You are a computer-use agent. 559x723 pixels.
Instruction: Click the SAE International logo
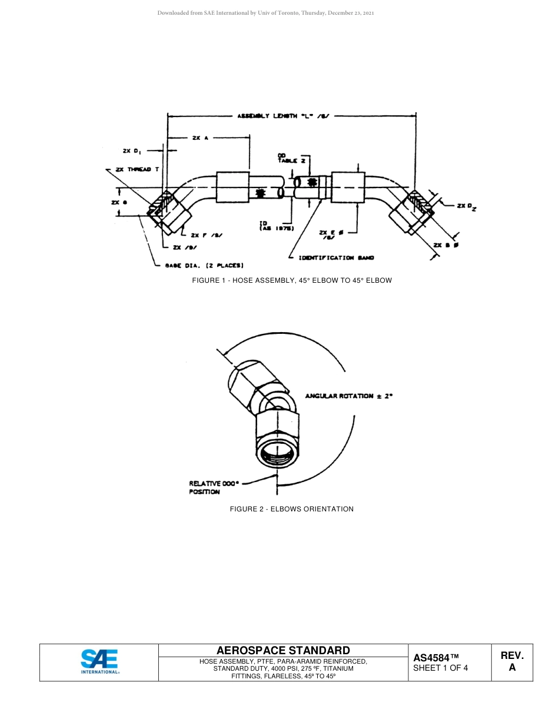99,662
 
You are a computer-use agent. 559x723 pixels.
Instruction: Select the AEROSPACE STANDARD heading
283,650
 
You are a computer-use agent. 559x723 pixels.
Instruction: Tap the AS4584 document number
435,658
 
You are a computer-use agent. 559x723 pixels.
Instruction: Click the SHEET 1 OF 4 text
441,668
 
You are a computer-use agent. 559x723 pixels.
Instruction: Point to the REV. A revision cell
512,661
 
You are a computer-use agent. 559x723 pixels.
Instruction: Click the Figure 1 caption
291,280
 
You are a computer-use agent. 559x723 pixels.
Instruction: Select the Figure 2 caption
291,509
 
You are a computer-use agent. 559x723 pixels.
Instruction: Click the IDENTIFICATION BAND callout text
336,258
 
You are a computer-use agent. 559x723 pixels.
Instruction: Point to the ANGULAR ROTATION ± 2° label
348,396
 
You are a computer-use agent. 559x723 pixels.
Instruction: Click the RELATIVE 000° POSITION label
214,487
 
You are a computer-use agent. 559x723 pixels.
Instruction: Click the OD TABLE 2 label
291,158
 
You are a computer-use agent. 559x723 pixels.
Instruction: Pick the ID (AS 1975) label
277,226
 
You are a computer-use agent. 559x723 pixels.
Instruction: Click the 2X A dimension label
201,138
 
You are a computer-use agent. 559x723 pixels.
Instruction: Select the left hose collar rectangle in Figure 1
232,188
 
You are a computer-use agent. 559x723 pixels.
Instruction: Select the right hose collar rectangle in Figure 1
348,188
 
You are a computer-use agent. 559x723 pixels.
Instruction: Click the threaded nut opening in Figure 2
277,453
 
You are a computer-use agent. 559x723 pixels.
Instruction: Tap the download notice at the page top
265,12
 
